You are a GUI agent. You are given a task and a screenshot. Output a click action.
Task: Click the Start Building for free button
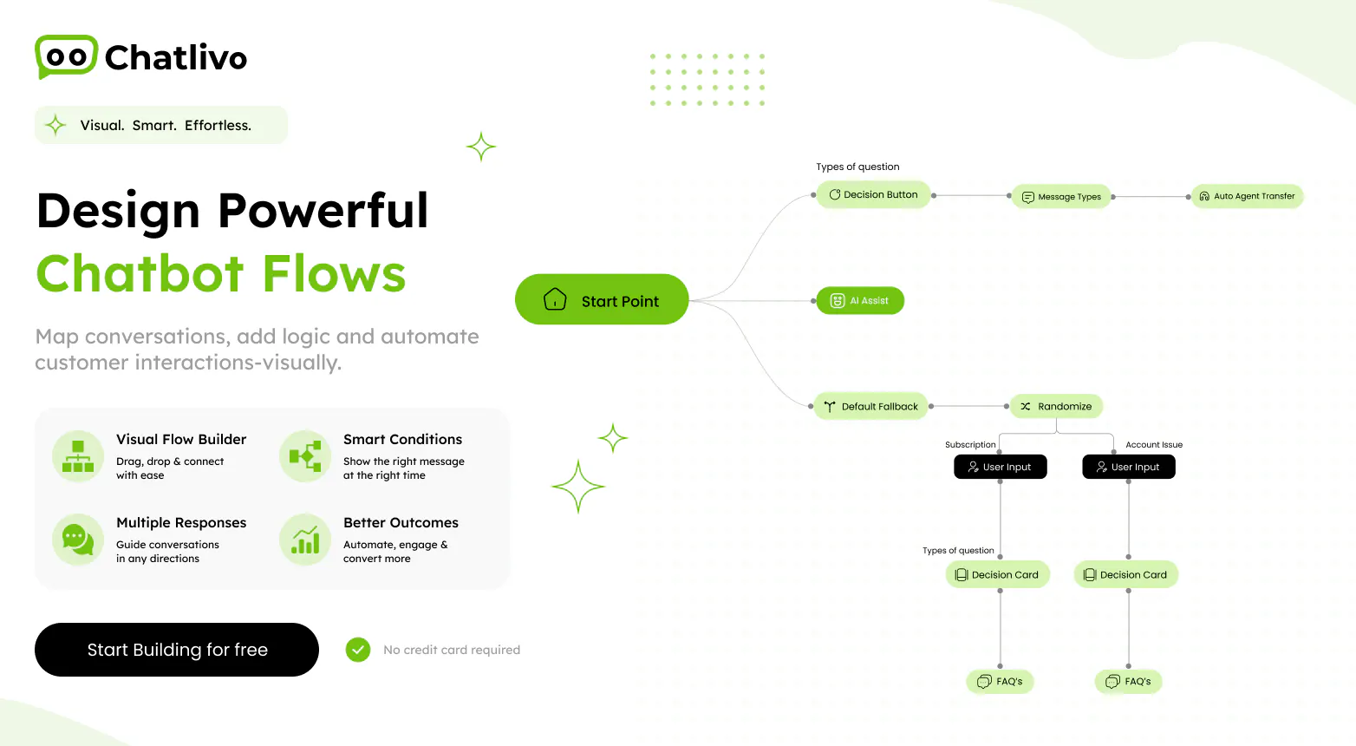click(x=177, y=649)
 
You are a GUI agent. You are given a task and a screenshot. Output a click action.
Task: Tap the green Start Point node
click(x=602, y=299)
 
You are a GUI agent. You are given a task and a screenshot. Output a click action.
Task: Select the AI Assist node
click(x=860, y=300)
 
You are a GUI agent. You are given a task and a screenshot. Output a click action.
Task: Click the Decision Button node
click(x=873, y=194)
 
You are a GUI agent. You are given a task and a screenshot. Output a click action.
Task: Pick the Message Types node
click(x=1061, y=196)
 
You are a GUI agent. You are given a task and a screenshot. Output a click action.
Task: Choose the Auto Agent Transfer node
click(x=1247, y=196)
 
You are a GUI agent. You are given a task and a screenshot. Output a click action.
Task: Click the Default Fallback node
click(x=870, y=406)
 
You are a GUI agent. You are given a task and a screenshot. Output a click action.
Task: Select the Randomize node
click(x=1056, y=406)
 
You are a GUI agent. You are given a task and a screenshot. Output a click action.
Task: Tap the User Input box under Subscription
click(x=1000, y=467)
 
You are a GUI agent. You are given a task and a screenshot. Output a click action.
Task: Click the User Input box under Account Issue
click(x=1128, y=467)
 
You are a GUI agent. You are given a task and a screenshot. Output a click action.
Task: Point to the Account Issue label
click(x=1154, y=444)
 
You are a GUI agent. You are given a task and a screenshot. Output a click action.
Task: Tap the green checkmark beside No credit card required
click(x=358, y=650)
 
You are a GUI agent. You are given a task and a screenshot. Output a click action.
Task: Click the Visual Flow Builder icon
click(x=78, y=456)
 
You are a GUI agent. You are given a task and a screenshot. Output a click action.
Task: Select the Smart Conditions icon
click(x=305, y=456)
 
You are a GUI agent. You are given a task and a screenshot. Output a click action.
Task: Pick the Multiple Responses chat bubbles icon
click(x=78, y=540)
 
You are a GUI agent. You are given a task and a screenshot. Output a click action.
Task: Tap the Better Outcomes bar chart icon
click(x=305, y=540)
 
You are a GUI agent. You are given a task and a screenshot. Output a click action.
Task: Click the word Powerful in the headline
click(x=323, y=210)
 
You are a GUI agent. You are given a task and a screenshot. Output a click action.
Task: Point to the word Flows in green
click(x=334, y=273)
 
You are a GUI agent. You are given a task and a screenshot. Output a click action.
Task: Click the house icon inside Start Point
click(x=555, y=299)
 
